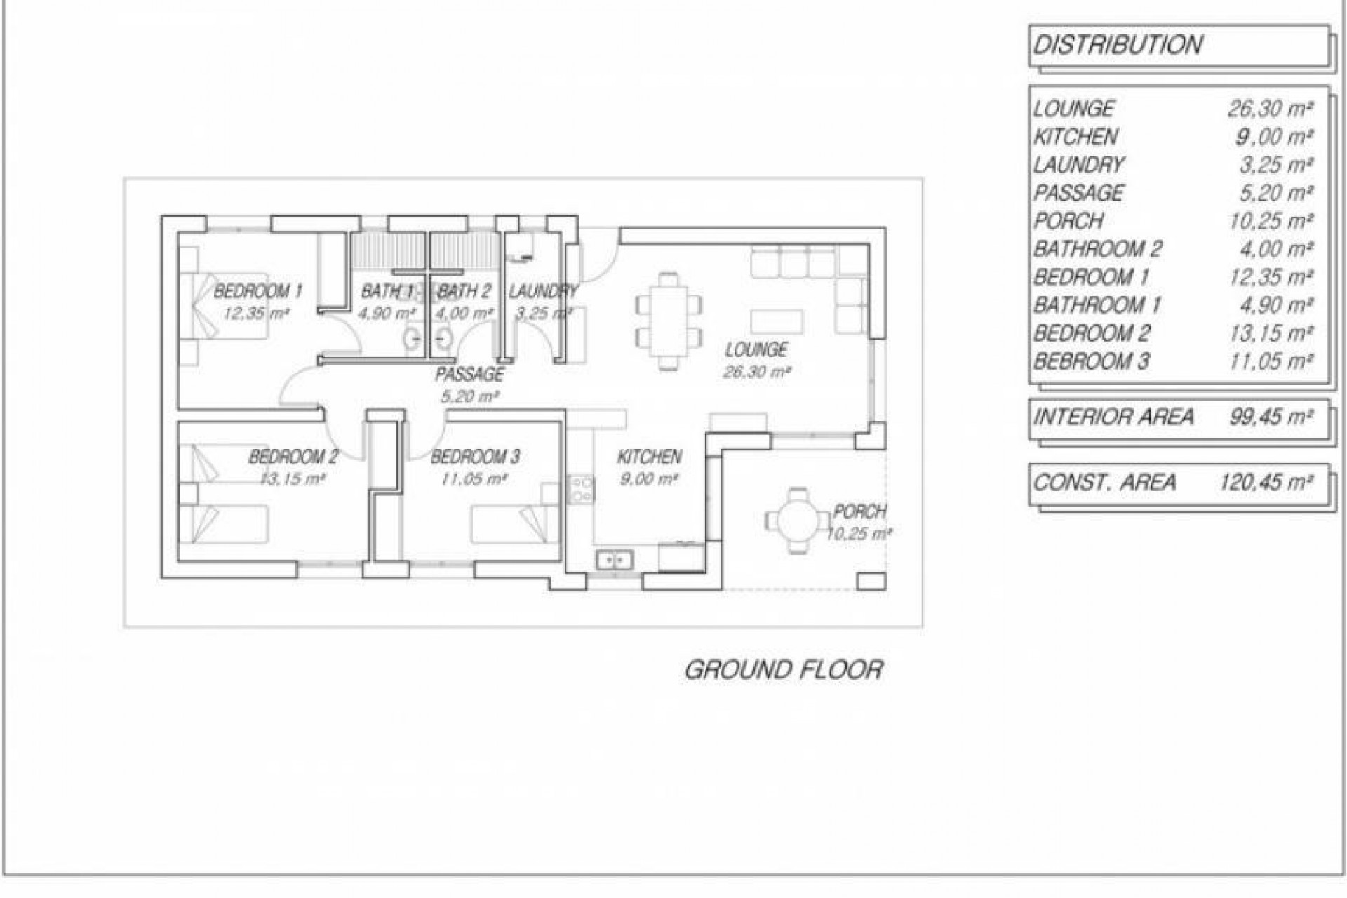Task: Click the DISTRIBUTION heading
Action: (1118, 46)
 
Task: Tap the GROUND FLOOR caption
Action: (783, 670)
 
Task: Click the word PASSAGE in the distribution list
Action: (1078, 193)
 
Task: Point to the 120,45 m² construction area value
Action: (1266, 483)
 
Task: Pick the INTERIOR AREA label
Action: (1113, 417)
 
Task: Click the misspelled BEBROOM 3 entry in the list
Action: (1091, 362)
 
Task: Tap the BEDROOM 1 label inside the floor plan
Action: (257, 290)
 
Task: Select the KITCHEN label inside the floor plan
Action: (649, 457)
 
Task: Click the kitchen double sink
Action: (615, 560)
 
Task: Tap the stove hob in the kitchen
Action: (581, 489)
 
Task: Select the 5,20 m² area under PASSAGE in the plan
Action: (469, 396)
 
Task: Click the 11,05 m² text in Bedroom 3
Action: (474, 479)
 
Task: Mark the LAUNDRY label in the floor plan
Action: (542, 290)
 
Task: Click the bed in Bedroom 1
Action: (224, 307)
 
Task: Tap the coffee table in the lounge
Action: (777, 321)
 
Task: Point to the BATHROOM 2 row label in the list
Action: (1097, 249)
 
